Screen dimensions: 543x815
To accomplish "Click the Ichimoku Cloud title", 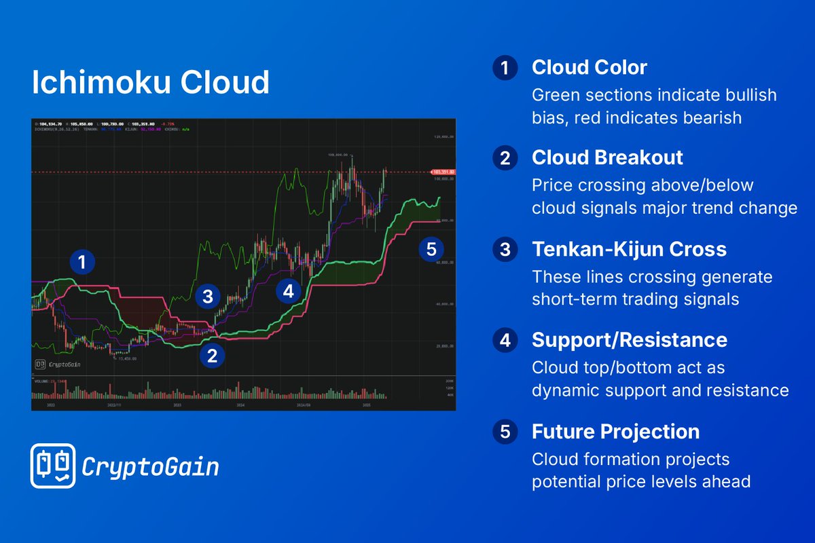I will point(151,83).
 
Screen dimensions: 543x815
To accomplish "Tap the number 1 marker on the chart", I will point(82,262).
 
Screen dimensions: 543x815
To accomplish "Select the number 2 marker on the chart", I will point(212,355).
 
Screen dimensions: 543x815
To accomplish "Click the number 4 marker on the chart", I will point(289,291).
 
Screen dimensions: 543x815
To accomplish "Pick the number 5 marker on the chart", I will point(431,248).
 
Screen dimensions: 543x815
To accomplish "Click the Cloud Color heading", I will point(589,67).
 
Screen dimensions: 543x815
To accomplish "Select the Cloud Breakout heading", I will point(607,157).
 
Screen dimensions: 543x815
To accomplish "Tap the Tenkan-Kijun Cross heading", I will point(629,249).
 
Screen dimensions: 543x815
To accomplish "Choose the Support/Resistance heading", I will point(629,340).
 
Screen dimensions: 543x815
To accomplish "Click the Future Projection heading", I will point(615,431).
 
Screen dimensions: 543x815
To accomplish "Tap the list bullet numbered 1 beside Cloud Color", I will point(505,68).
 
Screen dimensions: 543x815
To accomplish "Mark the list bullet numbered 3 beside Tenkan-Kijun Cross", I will point(505,249).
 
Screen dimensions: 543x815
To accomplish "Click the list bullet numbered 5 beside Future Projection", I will point(505,432).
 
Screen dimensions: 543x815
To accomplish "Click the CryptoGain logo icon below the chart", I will point(52,466).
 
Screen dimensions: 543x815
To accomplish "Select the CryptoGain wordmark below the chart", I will point(150,467).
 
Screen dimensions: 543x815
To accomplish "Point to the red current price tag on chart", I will point(442,172).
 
